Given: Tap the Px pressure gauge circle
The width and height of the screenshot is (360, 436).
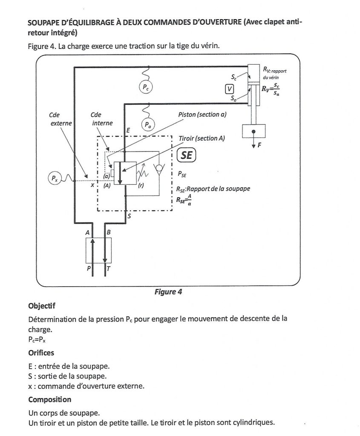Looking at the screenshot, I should (54, 178).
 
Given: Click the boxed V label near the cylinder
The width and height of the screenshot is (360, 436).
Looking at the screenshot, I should (230, 89).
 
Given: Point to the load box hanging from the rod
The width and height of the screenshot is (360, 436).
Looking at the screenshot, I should (254, 131).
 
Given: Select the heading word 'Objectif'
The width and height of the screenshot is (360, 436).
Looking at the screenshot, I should (42, 306).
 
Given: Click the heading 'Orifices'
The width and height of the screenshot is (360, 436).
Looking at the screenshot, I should (41, 353).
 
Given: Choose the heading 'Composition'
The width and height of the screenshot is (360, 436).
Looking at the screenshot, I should (49, 399).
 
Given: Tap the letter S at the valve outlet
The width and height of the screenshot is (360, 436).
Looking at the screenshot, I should (130, 216).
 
